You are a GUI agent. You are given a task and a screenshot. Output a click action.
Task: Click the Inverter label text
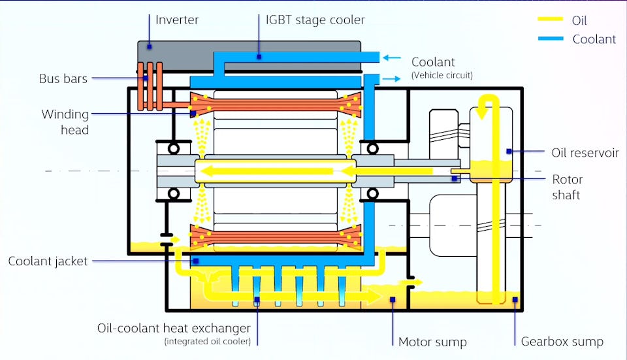177,20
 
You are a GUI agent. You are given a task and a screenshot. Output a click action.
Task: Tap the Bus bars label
63,79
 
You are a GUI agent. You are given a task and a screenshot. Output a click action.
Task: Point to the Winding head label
65,122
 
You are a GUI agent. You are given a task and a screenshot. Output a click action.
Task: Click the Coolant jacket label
48,261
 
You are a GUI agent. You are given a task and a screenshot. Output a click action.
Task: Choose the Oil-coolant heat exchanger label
177,327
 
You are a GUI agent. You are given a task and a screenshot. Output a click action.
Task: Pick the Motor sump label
432,341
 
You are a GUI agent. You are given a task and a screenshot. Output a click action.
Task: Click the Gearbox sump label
562,341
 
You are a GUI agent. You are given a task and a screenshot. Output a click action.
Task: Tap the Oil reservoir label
585,152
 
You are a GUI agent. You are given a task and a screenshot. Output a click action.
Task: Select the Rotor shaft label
567,186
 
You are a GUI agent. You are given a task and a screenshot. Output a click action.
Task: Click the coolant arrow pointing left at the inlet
393,57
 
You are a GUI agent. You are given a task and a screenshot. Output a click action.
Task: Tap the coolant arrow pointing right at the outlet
393,78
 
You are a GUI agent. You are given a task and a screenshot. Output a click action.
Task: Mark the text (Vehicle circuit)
442,75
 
